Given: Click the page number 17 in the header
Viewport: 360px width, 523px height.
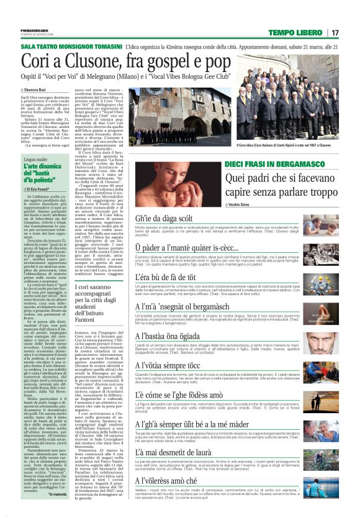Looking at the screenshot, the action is coord(335,32).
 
